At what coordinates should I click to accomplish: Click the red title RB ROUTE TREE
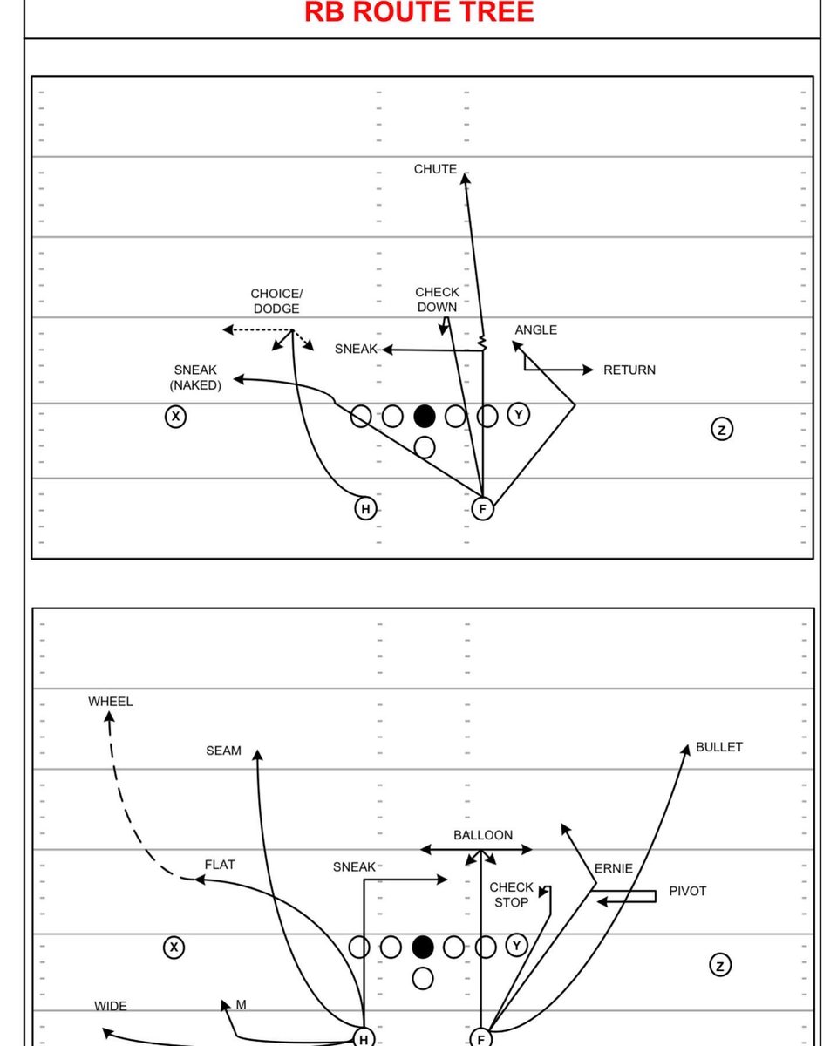[x=418, y=12]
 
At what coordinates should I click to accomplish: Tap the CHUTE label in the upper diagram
[x=435, y=169]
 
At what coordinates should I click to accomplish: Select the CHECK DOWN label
[x=437, y=300]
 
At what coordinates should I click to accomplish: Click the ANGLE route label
[x=535, y=330]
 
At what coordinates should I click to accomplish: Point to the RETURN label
[x=629, y=370]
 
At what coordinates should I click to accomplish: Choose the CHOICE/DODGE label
[x=276, y=302]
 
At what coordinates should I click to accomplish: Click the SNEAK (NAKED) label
[x=195, y=377]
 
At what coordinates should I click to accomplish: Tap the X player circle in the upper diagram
[x=176, y=417]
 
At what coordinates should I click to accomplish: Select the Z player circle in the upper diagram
[x=721, y=429]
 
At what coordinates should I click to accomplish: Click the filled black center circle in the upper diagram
[x=425, y=416]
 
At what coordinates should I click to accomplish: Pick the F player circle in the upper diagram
[x=482, y=509]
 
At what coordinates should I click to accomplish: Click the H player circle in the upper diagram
[x=366, y=509]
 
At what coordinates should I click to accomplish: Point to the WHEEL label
[x=111, y=701]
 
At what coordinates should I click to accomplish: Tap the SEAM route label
[x=223, y=751]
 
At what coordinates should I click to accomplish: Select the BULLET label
[x=719, y=747]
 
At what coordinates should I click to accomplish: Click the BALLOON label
[x=483, y=835]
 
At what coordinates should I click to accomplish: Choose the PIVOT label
[x=688, y=892]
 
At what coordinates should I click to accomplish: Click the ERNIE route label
[x=614, y=869]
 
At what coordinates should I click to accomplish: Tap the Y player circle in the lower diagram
[x=518, y=946]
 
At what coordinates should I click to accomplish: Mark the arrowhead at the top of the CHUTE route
[x=465, y=178]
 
